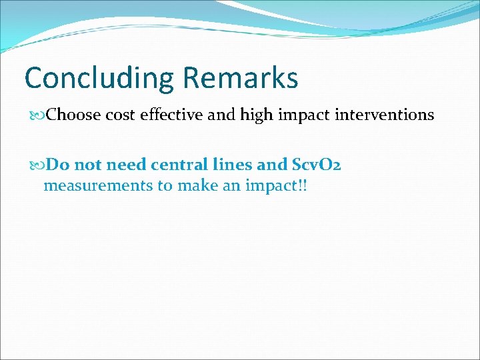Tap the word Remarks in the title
tap(240, 78)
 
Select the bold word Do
tap(56, 164)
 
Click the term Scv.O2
tap(317, 164)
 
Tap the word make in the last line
tap(197, 185)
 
